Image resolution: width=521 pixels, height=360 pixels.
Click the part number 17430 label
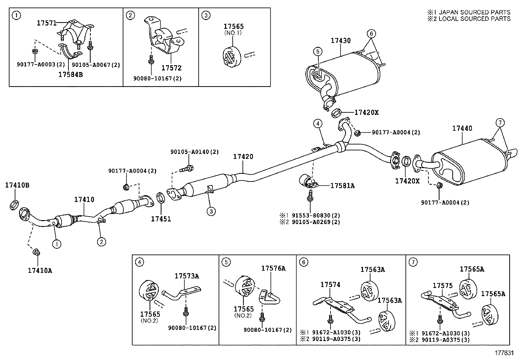[340, 41]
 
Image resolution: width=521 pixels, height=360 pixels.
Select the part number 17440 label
[462, 128]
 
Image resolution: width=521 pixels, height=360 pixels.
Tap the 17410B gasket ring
[14, 205]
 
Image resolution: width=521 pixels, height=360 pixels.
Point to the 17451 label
[161, 219]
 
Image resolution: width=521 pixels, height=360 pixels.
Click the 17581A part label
[342, 186]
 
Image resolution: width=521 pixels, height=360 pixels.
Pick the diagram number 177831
[504, 353]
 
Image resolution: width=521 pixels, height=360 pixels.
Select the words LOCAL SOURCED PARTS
[475, 19]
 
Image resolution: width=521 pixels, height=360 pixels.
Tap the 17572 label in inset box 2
[171, 68]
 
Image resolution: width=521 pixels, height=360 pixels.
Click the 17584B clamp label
[70, 74]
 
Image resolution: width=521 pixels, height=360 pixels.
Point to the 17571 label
[47, 23]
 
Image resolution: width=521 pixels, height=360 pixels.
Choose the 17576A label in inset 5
[273, 268]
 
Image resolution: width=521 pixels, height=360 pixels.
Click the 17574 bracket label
[330, 285]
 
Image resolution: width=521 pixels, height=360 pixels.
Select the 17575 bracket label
[442, 286]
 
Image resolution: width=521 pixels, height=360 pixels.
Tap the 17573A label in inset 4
[187, 276]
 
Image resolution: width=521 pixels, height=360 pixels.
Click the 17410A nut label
[40, 270]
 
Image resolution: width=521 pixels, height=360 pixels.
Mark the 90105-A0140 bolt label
[194, 152]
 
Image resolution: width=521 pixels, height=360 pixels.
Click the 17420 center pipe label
[243, 157]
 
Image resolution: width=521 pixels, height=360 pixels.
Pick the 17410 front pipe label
[84, 199]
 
